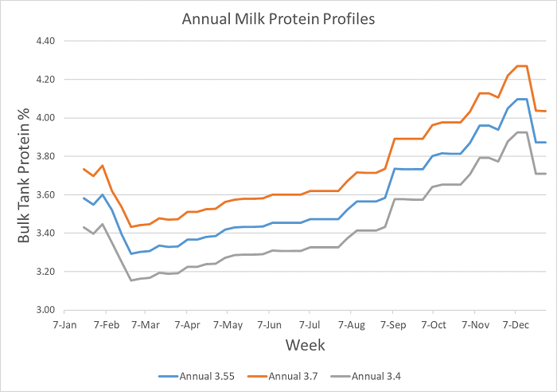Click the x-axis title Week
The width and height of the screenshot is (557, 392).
click(x=306, y=345)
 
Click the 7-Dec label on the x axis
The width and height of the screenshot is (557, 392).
click(x=515, y=325)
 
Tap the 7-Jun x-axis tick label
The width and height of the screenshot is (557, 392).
click(x=269, y=325)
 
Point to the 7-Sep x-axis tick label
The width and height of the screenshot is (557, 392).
click(x=392, y=325)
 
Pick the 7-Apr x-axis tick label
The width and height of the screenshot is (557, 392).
click(x=186, y=325)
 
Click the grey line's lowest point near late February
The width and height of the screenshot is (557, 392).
click(x=131, y=280)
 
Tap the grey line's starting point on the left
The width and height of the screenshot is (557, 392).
click(x=83, y=227)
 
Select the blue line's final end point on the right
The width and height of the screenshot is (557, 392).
click(x=545, y=143)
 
